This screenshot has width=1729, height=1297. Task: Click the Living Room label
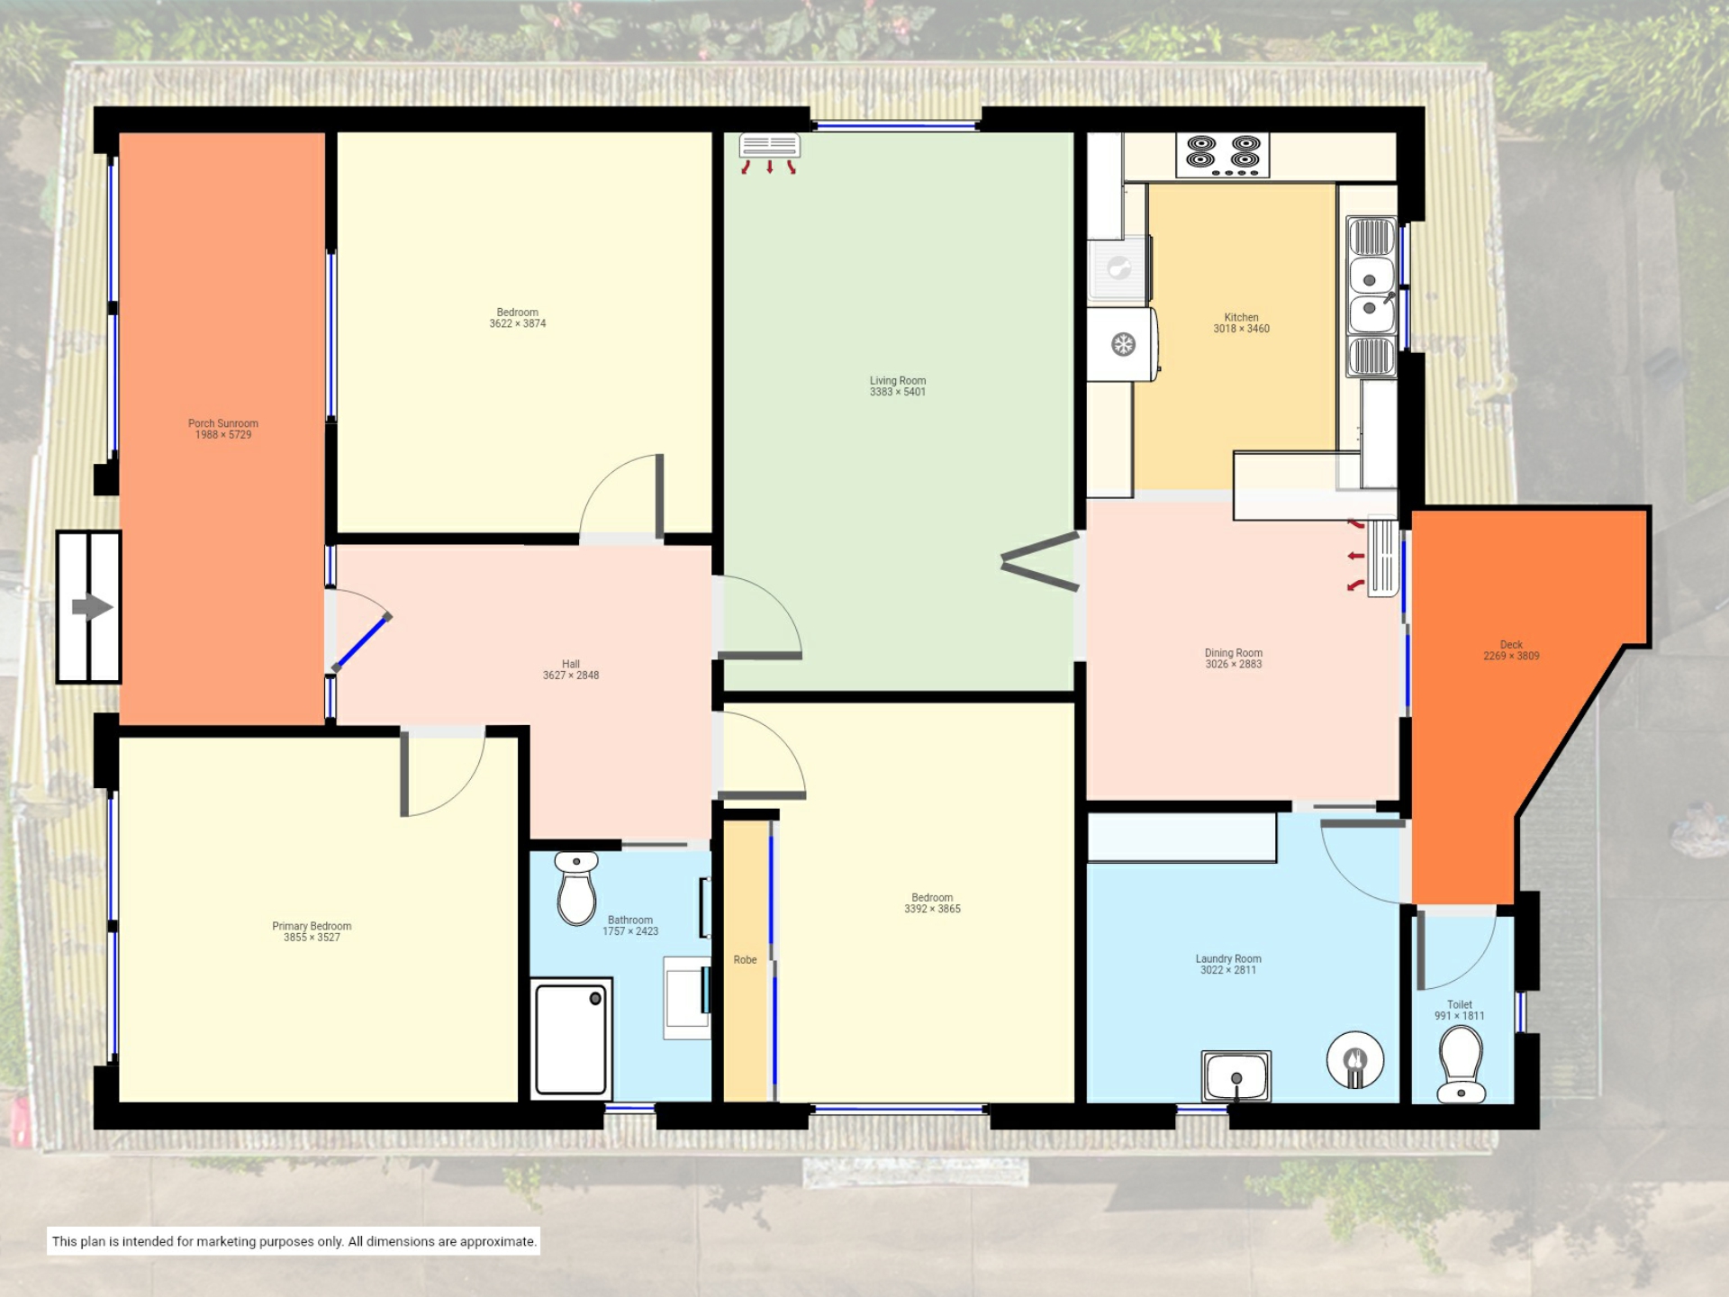pyautogui.click(x=898, y=380)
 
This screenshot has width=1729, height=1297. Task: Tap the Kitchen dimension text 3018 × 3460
pyautogui.click(x=1241, y=329)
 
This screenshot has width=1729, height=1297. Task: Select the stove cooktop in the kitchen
pyautogui.click(x=1223, y=155)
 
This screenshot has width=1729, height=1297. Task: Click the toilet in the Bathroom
pyautogui.click(x=576, y=888)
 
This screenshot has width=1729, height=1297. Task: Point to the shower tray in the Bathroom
pyautogui.click(x=571, y=1039)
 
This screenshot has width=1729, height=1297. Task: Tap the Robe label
pyautogui.click(x=745, y=960)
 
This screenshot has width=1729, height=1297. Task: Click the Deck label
pyautogui.click(x=1511, y=645)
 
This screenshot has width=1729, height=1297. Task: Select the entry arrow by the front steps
pyautogui.click(x=92, y=607)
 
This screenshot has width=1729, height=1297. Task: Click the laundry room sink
pyautogui.click(x=1236, y=1076)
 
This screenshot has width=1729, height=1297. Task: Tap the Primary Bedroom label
pyautogui.click(x=312, y=926)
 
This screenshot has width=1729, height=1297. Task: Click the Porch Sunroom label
pyautogui.click(x=223, y=423)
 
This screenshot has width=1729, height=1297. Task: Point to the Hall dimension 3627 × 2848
pyautogui.click(x=571, y=676)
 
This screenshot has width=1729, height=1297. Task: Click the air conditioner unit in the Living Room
pyautogui.click(x=769, y=146)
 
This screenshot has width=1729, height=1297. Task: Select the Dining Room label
pyautogui.click(x=1234, y=653)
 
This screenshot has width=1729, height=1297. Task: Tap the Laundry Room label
pyautogui.click(x=1228, y=959)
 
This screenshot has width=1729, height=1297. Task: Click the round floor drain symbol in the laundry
pyautogui.click(x=1355, y=1060)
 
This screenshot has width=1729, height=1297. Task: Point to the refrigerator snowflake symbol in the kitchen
pyautogui.click(x=1123, y=344)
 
